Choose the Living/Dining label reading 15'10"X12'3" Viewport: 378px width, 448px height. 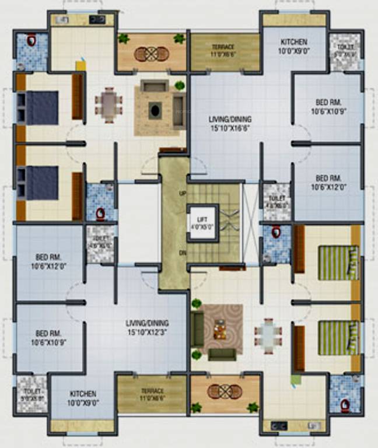point(147,326)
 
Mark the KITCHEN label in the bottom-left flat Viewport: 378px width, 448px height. point(82,398)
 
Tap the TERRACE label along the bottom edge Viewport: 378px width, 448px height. point(151,395)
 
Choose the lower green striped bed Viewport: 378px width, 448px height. point(337,338)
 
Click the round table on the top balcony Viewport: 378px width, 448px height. point(151,54)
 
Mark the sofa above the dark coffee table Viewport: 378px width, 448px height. point(154,87)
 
